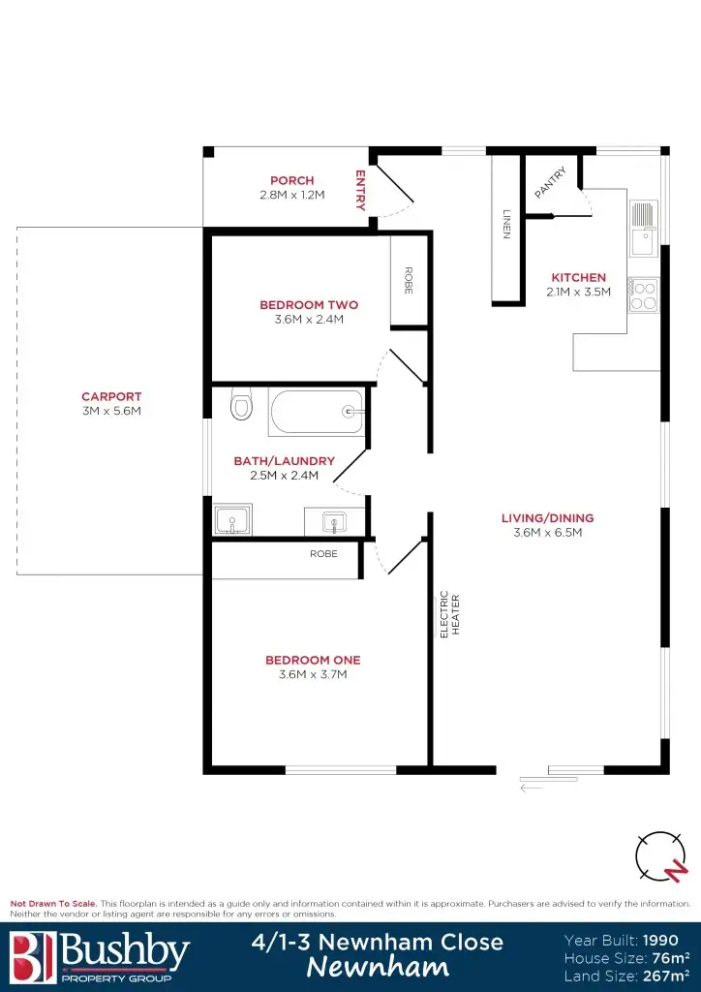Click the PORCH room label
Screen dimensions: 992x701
click(x=291, y=180)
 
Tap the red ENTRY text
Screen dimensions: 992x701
click(x=360, y=190)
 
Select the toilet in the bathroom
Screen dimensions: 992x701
click(x=241, y=404)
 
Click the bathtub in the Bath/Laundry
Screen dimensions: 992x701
click(x=318, y=412)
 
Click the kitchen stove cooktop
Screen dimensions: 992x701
click(x=644, y=294)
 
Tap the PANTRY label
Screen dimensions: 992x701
click(x=550, y=183)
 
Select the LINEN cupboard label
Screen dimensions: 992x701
click(x=505, y=224)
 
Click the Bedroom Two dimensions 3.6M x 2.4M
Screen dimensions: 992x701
click(x=309, y=319)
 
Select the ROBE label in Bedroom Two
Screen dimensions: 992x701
click(x=408, y=280)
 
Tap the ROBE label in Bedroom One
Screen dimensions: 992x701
click(x=323, y=554)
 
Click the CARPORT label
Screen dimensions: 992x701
click(x=111, y=396)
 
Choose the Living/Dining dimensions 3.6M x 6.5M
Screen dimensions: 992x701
click(x=547, y=532)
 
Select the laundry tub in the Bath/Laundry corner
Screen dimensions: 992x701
click(x=232, y=520)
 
